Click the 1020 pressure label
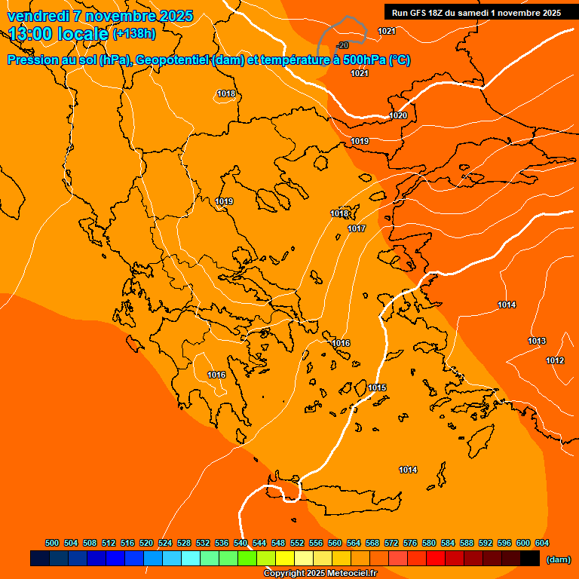coord(398,115)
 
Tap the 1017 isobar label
coord(357,228)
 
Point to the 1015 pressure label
coord(377,388)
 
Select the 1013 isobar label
coord(537,341)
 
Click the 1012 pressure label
coord(555,360)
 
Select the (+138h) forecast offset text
coord(133,34)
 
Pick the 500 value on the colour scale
coord(52,543)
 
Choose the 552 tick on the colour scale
coord(297,543)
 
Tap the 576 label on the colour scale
coord(410,543)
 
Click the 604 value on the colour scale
coord(542,543)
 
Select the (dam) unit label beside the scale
coord(558,559)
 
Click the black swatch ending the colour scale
coord(530,559)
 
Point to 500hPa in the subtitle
coord(369,60)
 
